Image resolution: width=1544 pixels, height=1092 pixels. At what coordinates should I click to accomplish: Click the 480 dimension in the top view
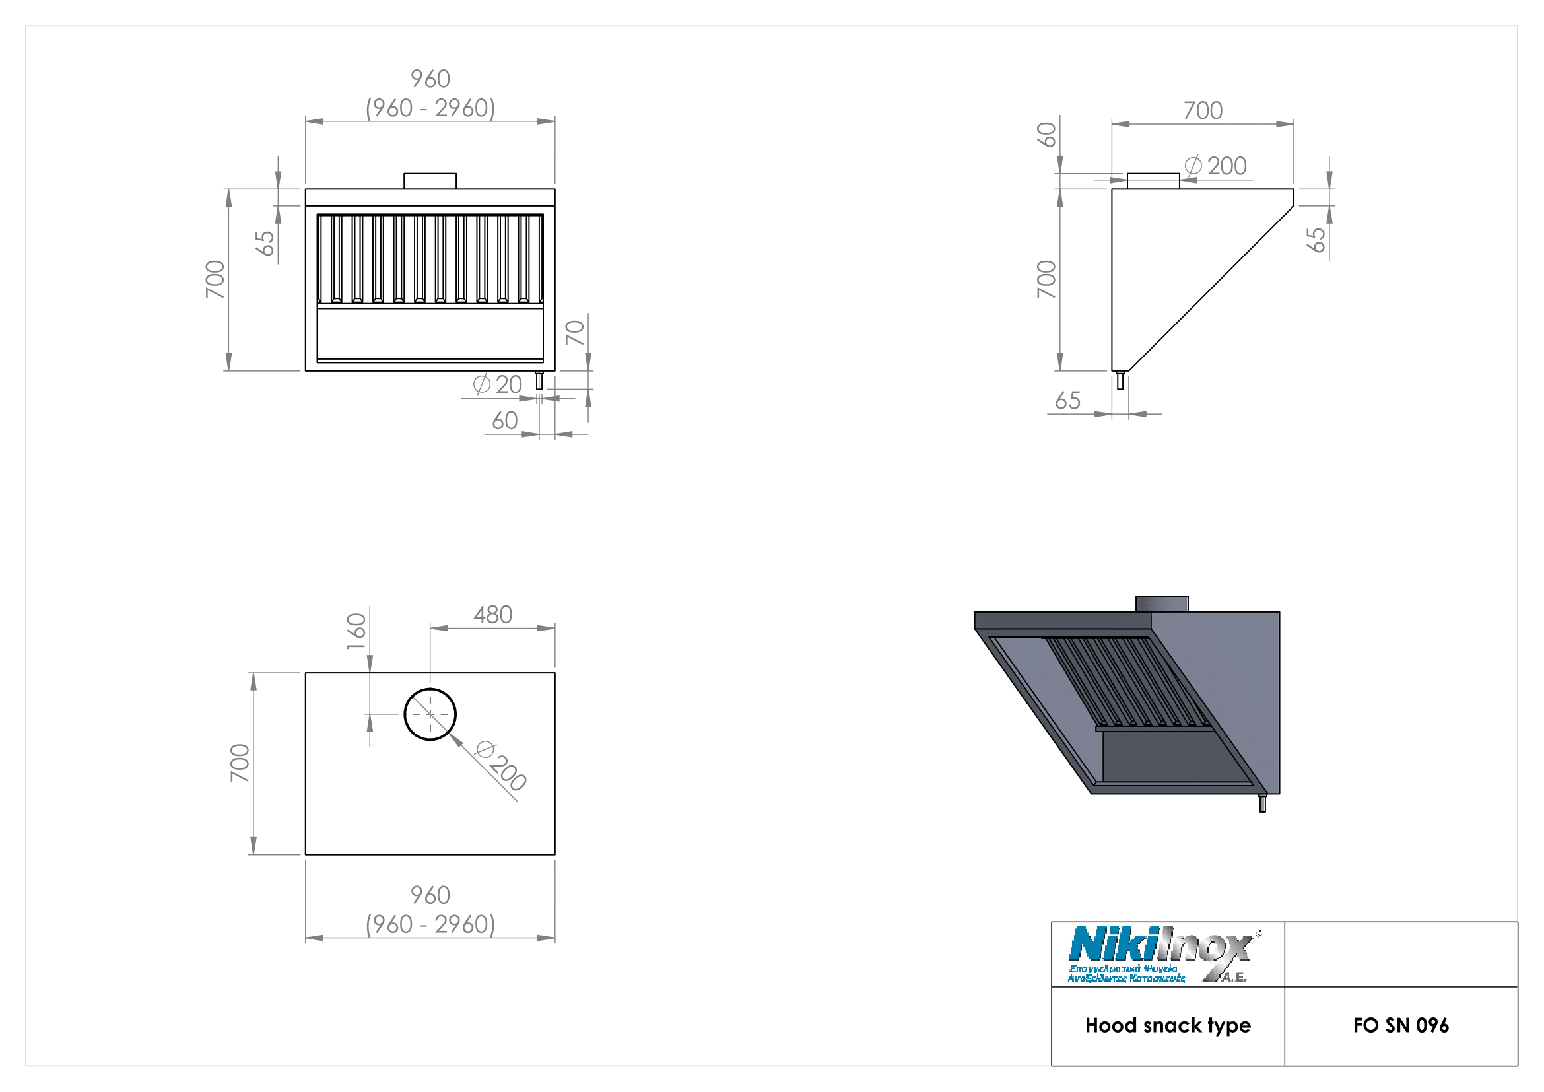pos(493,615)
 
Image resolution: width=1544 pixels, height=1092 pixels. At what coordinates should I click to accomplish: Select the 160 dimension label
pos(356,631)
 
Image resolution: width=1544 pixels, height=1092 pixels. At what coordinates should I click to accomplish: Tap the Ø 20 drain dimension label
pos(498,385)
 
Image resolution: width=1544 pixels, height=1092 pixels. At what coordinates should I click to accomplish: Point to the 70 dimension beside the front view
pos(575,332)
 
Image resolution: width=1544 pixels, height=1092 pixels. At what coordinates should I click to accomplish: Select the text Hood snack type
pos(1168,1025)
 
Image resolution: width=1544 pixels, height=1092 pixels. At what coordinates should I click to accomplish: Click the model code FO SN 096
pos(1401,1025)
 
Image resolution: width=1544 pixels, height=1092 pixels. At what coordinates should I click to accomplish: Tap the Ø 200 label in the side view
pos(1216,166)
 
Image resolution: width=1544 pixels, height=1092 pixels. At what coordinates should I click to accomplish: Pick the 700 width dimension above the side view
pos(1202,110)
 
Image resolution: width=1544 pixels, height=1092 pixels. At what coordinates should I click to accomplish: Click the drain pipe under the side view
pos(1120,380)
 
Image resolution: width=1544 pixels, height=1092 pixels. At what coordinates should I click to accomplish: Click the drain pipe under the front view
pos(539,380)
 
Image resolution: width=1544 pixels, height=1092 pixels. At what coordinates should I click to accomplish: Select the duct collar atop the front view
pos(430,181)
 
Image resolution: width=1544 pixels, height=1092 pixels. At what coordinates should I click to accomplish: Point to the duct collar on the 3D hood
pos(1161,603)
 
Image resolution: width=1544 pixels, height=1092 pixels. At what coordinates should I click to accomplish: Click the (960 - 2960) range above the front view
pos(430,108)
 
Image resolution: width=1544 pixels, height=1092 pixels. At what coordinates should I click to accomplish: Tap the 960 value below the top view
pos(430,895)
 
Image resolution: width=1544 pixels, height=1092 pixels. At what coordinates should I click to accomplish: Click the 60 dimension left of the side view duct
pos(1046,135)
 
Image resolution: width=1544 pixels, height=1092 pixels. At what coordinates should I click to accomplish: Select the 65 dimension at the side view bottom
pos(1067,401)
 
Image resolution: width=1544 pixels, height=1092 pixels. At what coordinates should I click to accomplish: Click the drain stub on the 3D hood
pos(1262,803)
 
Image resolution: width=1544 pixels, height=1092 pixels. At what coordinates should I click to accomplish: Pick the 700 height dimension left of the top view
pos(240,763)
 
